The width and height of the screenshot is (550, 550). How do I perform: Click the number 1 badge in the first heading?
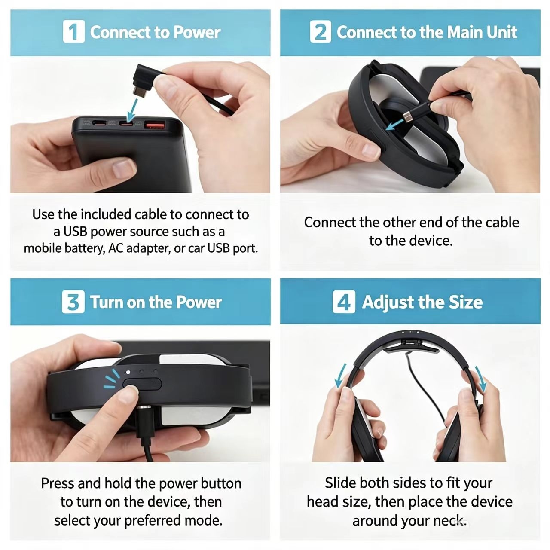73,31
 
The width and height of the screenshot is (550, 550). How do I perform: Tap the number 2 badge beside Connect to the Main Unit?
321,31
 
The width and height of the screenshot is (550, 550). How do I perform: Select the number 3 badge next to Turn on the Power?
73,302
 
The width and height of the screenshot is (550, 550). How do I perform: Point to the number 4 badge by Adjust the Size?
344,302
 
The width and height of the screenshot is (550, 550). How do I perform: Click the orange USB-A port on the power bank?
155,125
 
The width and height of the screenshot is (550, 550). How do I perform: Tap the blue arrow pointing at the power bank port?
132,110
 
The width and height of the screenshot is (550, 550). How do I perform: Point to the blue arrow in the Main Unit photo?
395,125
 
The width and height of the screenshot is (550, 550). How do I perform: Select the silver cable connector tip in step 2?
407,116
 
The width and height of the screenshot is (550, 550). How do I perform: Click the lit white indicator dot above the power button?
128,372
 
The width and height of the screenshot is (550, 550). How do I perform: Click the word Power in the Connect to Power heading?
197,32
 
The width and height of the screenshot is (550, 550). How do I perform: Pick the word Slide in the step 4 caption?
341,483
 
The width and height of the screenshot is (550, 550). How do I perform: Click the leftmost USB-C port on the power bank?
99,124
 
